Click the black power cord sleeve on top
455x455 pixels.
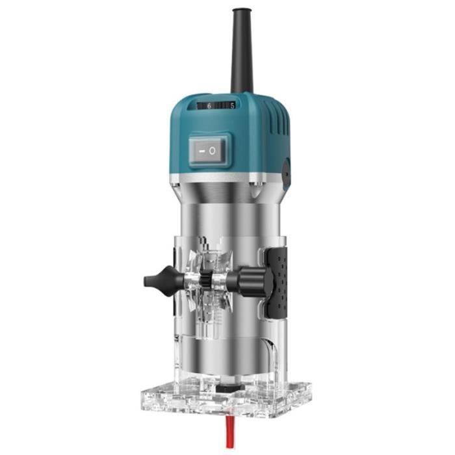(242, 51)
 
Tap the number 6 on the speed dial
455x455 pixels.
(209, 106)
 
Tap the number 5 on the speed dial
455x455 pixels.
(232, 106)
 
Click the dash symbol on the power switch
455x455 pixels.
(201, 151)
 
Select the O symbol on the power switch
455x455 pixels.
(213, 151)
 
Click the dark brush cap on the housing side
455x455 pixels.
(287, 173)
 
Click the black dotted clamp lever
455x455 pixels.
(278, 283)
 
